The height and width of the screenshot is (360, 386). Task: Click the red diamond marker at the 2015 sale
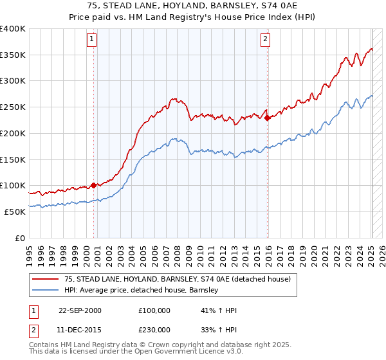tap(267, 118)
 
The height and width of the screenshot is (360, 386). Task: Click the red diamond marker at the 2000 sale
tap(94, 185)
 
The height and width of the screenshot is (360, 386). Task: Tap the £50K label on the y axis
tap(15, 212)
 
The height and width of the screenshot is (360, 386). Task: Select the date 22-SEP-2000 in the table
tap(80, 310)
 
